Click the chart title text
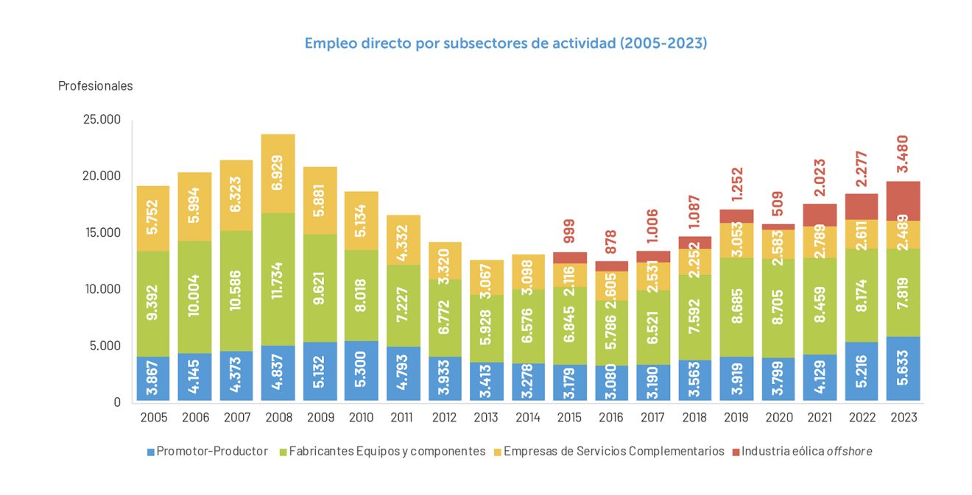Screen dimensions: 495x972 pyautogui.click(x=505, y=43)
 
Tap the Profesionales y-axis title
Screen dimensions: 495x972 pyautogui.click(x=95, y=86)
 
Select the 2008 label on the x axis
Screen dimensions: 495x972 pyautogui.click(x=278, y=417)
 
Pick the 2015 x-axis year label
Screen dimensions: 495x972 pyautogui.click(x=570, y=417)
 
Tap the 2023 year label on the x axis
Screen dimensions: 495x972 pyautogui.click(x=904, y=417)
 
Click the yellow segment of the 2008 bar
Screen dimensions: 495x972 pyautogui.click(x=278, y=174)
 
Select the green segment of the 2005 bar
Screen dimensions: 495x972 pyautogui.click(x=153, y=304)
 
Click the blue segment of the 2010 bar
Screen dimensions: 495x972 pyautogui.click(x=362, y=371)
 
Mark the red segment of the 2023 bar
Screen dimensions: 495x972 pyautogui.click(x=904, y=201)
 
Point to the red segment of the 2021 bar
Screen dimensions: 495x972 pyautogui.click(x=820, y=215)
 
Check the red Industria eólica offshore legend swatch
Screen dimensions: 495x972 pyautogui.click(x=734, y=451)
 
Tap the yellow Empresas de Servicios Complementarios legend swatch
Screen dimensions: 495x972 pyautogui.click(x=499, y=451)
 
